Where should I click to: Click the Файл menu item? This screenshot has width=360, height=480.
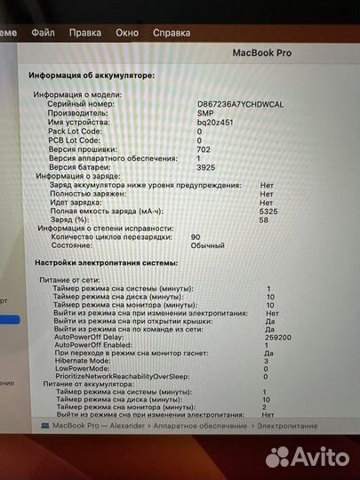point(43,32)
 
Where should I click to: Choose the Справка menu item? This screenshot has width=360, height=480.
point(172,32)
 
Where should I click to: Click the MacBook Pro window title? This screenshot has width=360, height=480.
point(260,53)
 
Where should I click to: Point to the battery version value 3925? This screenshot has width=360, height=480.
point(204,166)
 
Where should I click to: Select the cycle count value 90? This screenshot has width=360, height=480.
point(196,237)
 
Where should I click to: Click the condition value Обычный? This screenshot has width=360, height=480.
point(208,246)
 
